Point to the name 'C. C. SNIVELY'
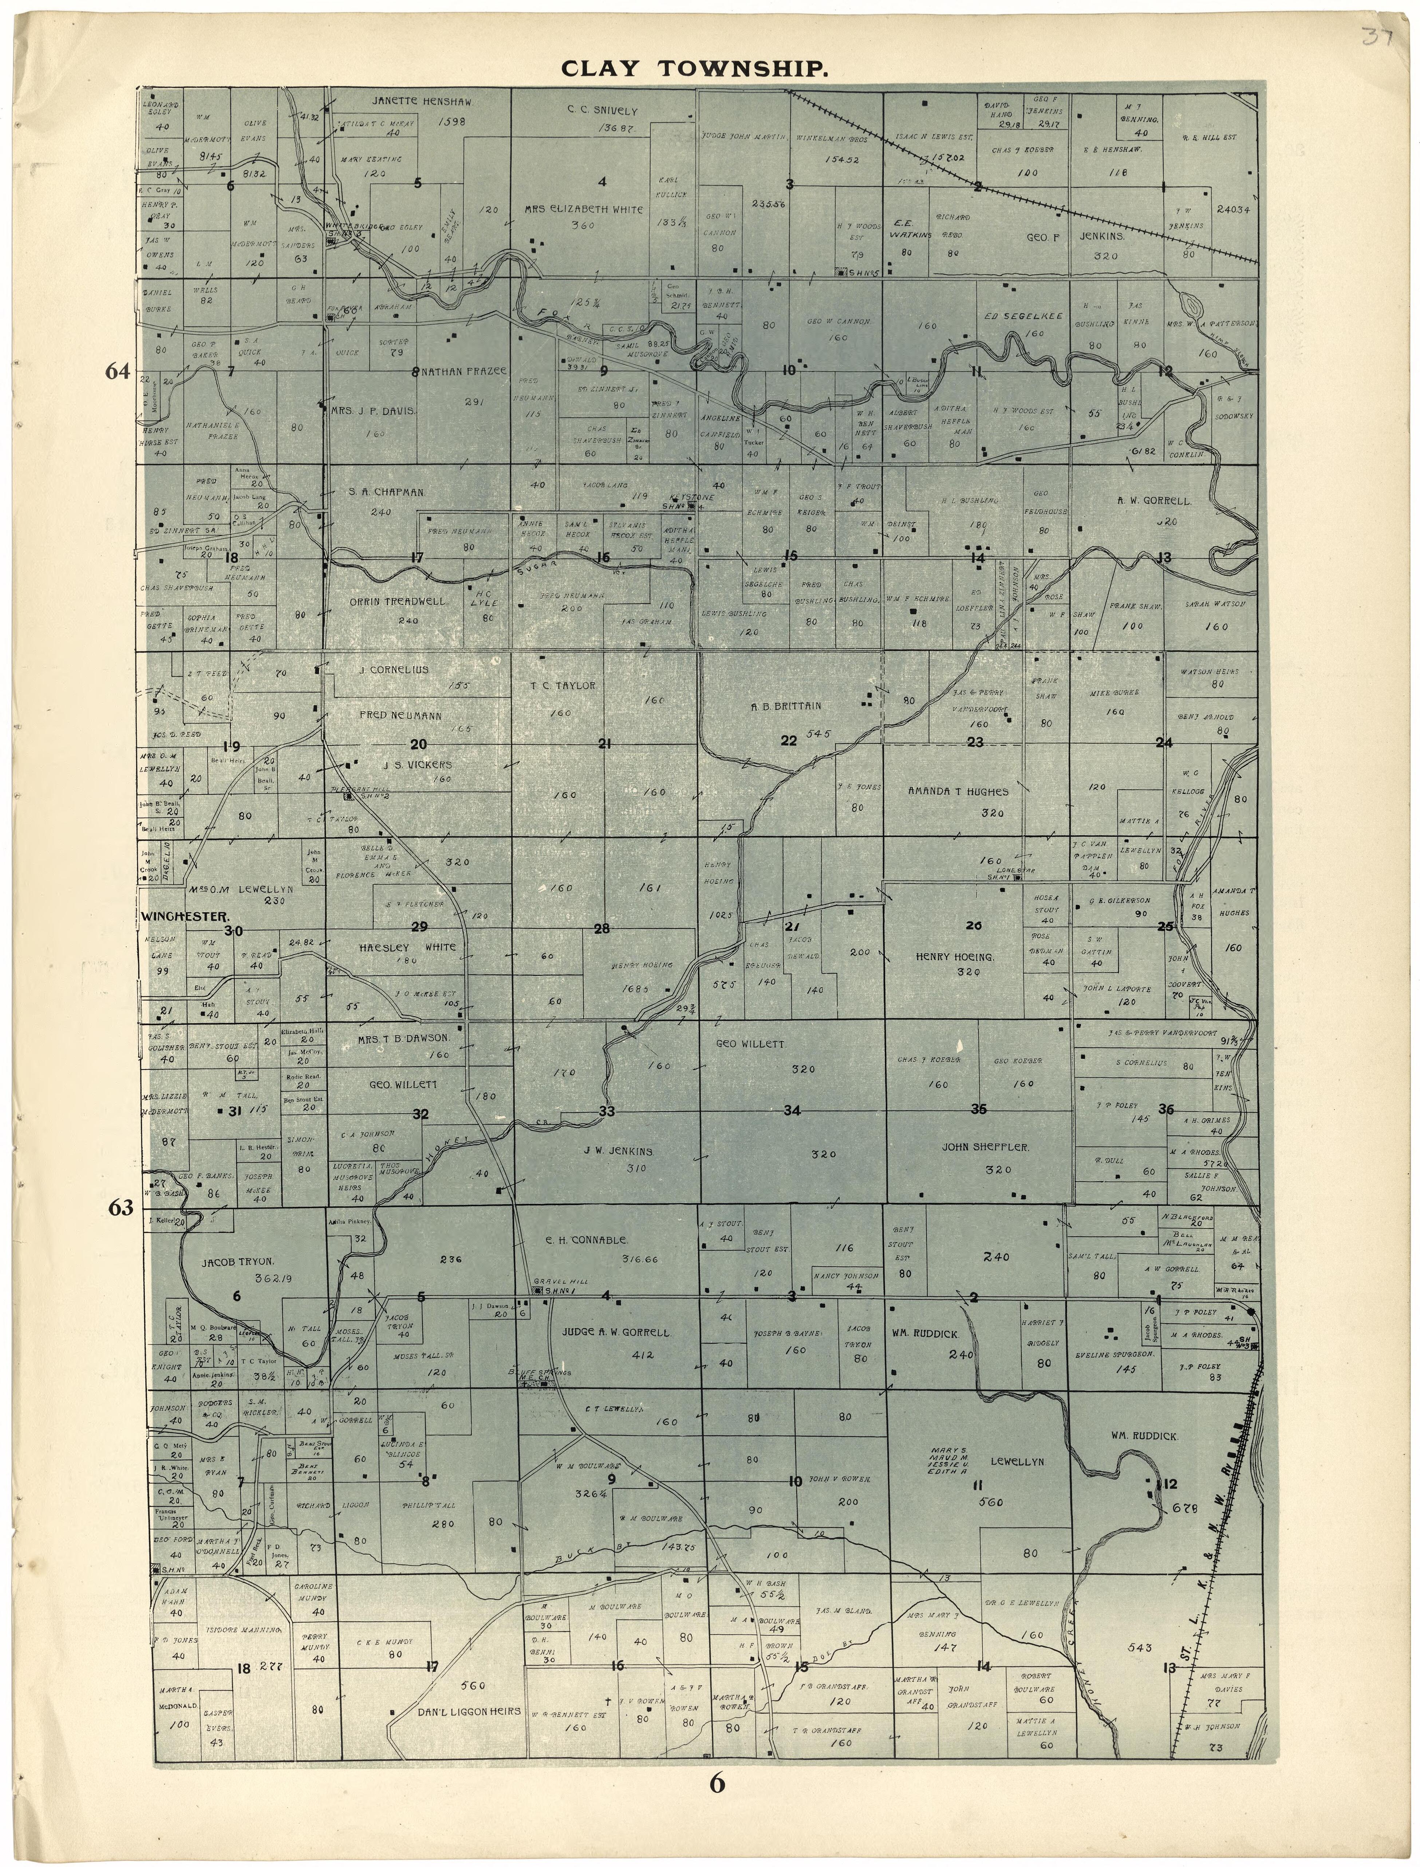tap(602, 111)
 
